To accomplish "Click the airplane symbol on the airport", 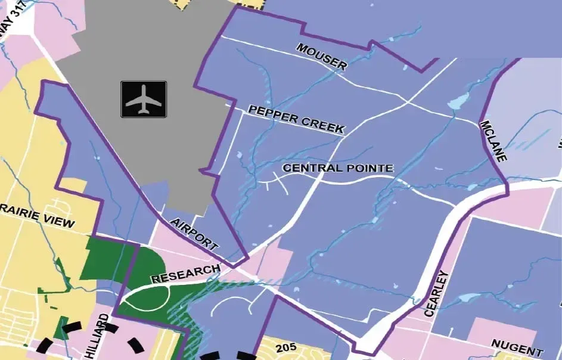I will click(144, 99).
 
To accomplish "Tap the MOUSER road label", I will click(322, 57).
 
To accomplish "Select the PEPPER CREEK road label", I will click(296, 119).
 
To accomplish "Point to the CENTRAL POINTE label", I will click(338, 168).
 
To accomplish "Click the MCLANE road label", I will click(493, 141).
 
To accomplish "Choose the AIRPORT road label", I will click(194, 234).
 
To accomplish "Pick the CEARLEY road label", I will click(436, 293).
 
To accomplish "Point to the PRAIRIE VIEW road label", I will click(37, 219).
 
